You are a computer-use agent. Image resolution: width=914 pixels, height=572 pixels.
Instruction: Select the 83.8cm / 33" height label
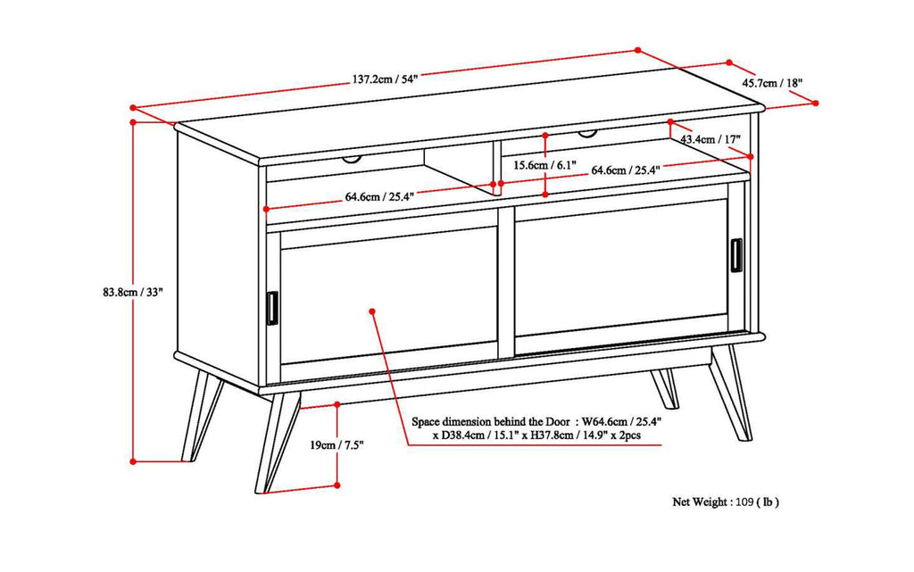[x=135, y=291]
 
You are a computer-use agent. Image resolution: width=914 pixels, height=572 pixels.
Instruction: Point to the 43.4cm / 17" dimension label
[x=710, y=140]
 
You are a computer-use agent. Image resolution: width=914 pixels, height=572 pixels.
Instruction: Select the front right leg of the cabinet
[x=732, y=393]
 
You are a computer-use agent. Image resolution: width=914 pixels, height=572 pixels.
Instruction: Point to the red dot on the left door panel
[x=371, y=311]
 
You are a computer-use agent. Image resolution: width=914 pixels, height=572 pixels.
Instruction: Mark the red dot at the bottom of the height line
[x=133, y=461]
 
